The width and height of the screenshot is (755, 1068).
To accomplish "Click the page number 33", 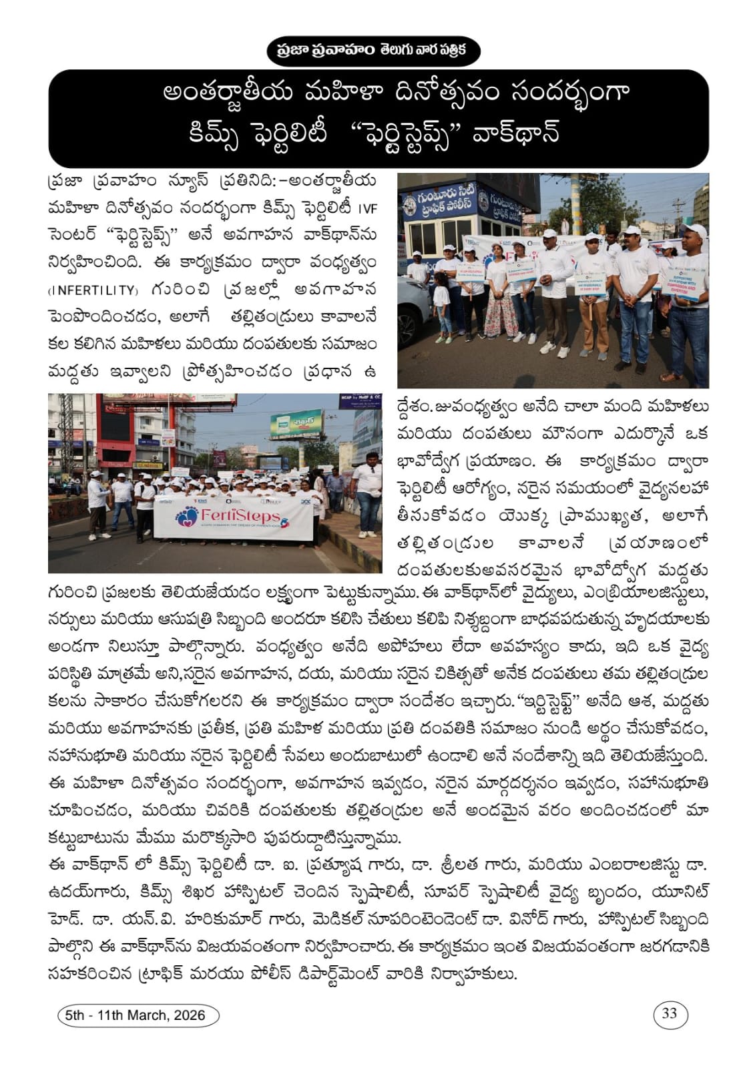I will click(670, 1014).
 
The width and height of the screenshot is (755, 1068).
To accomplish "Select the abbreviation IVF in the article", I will click(368, 208).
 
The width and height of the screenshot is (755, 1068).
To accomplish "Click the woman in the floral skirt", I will click(498, 294).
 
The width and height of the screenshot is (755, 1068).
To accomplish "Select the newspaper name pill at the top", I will click(377, 51).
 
